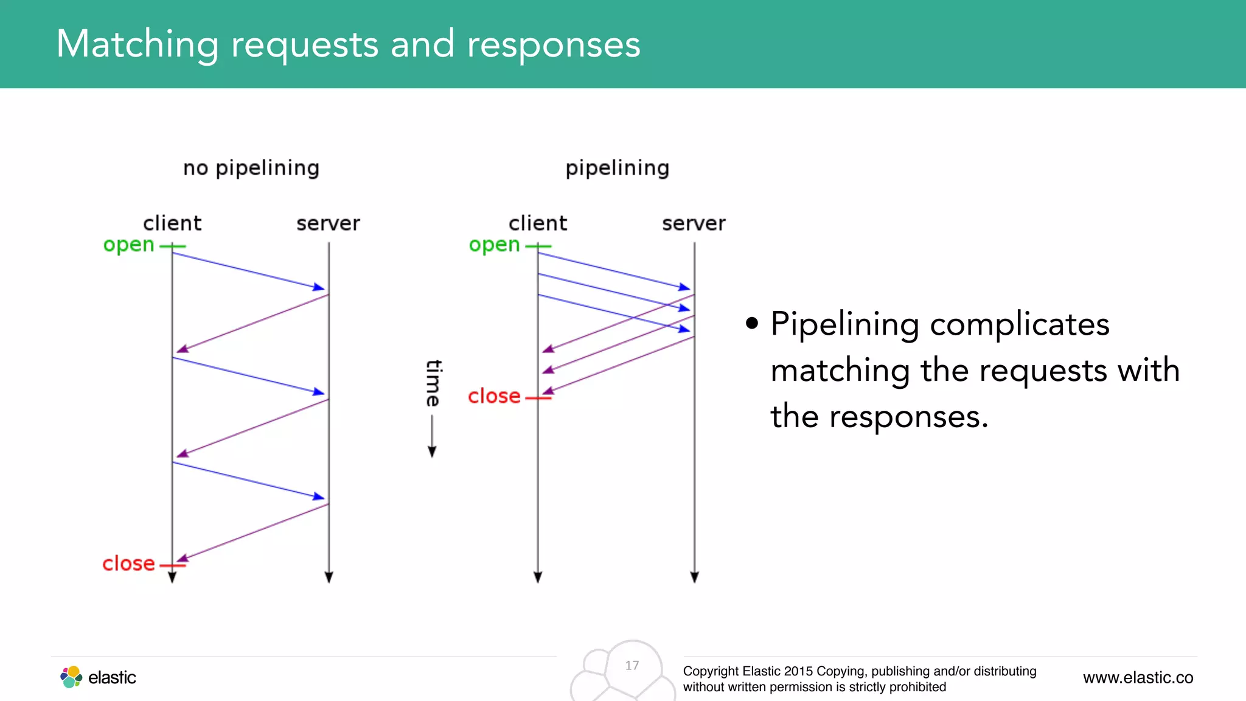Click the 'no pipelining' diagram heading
251,169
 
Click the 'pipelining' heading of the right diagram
617,169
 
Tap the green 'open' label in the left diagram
128,245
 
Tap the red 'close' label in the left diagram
128,563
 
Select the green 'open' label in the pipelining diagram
494,245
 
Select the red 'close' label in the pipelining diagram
494,396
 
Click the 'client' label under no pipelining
172,223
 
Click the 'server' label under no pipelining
328,223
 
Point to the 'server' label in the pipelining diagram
694,223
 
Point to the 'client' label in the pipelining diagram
538,223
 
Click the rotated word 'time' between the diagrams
433,383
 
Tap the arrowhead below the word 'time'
432,452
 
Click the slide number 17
632,666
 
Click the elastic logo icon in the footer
71,677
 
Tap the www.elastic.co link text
1138,678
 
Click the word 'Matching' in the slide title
137,44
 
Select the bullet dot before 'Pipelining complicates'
752,323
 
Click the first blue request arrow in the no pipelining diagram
249,271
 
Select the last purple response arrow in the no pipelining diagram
252,532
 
